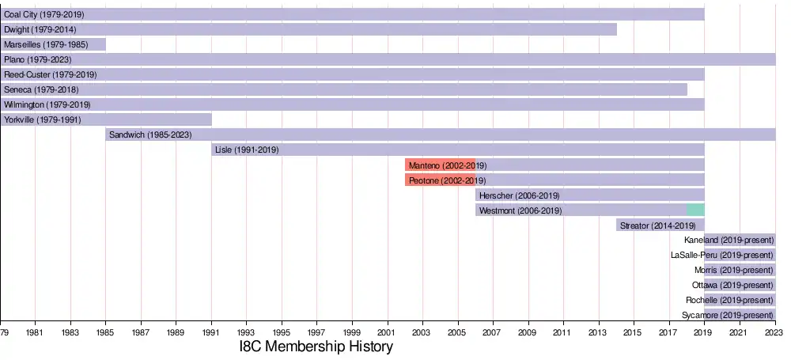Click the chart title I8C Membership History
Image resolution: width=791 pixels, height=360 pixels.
pos(316,347)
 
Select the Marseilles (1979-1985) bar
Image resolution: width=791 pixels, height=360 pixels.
pos(53,44)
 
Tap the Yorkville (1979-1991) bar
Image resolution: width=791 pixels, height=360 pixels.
pos(106,119)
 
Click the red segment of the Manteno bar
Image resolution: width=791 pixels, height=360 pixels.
pos(440,165)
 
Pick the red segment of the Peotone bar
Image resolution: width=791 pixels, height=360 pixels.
pos(440,180)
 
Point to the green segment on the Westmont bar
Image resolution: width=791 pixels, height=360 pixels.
pos(695,210)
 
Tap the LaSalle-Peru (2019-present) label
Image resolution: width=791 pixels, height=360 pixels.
pos(721,255)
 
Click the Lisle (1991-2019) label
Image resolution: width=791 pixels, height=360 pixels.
pos(247,150)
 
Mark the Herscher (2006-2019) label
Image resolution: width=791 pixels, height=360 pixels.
pos(519,195)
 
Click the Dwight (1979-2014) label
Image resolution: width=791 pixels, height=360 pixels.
pos(40,29)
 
